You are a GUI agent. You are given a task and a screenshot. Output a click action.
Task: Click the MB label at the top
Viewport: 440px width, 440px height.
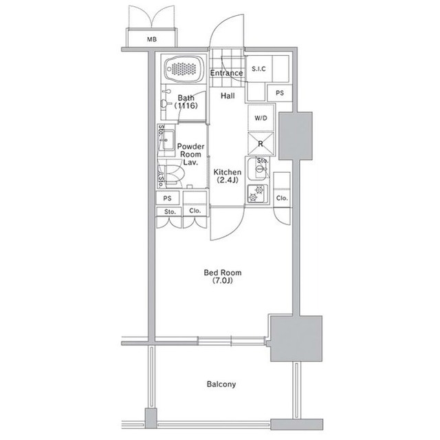[152, 39]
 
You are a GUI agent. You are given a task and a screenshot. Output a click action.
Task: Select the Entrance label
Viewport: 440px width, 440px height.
[226, 73]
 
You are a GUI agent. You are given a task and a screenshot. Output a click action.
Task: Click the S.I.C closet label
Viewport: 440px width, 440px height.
[258, 69]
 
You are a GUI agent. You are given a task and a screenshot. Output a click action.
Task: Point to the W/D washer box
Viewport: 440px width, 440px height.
[261, 118]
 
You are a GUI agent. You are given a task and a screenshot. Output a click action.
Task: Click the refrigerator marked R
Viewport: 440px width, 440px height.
[261, 144]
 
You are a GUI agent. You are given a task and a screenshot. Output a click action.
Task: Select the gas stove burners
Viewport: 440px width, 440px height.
[256, 194]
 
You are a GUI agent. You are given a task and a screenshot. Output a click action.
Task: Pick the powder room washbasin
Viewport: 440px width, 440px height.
[168, 140]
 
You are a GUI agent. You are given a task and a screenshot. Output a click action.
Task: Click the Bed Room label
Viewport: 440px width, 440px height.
[223, 277]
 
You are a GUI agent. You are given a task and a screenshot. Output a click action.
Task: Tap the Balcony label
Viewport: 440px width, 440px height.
[221, 384]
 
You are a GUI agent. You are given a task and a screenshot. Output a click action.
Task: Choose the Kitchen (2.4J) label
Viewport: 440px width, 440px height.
[228, 176]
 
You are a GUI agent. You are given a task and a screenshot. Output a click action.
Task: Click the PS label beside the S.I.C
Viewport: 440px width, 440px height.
[280, 93]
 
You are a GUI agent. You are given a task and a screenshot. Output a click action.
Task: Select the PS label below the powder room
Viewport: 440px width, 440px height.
[167, 198]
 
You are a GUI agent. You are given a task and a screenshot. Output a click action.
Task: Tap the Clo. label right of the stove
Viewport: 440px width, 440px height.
[282, 198]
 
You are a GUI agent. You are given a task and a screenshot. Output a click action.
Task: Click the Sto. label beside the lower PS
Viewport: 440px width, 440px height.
[170, 212]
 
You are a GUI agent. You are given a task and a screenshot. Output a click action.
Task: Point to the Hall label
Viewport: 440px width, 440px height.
[228, 96]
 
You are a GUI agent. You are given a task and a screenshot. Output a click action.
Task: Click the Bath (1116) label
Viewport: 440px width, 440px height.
[186, 102]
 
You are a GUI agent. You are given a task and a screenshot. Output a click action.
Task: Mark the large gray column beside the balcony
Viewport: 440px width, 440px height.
[296, 338]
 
